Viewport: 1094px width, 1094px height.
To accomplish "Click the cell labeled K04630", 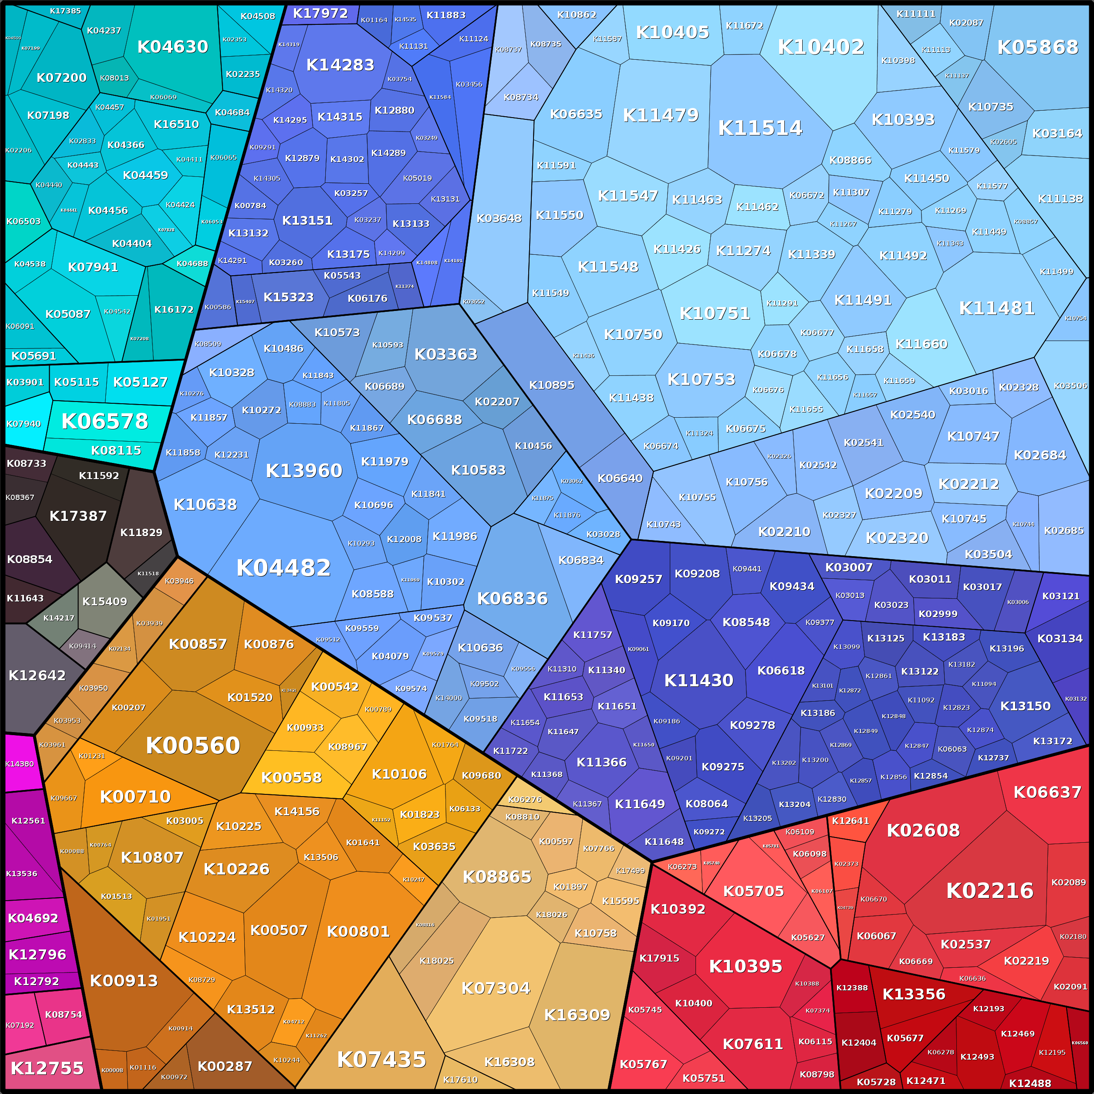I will (173, 47).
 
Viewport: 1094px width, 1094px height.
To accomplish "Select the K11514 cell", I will (760, 128).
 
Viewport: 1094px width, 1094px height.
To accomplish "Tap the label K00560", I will (192, 746).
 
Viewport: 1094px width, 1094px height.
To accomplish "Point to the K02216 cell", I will (989, 891).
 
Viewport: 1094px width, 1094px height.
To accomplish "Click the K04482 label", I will (283, 568).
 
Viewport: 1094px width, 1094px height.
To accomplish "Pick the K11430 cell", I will (698, 681).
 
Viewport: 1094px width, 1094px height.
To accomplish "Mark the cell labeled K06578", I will (105, 421).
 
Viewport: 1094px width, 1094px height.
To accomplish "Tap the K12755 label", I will (47, 1068).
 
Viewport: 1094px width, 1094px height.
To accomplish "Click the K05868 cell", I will (1037, 47).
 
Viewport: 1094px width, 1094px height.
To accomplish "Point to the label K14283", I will (340, 65).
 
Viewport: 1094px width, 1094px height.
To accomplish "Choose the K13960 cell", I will (304, 470).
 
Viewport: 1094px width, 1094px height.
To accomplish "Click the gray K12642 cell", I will (37, 675).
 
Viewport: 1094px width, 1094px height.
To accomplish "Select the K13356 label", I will (913, 994).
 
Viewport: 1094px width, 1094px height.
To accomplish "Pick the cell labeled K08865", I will (496, 877).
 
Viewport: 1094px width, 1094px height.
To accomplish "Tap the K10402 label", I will (820, 47).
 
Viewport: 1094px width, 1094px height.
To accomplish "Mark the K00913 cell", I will (123, 981).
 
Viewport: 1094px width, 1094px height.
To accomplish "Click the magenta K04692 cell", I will (33, 918).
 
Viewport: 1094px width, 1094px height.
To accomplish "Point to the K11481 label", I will (996, 308).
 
